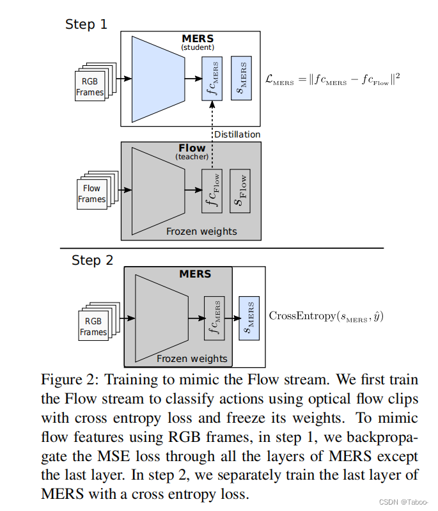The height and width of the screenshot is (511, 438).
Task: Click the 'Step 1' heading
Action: click(x=87, y=24)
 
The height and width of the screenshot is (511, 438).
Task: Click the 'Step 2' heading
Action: click(x=92, y=260)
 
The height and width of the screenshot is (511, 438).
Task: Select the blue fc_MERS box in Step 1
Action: click(x=212, y=78)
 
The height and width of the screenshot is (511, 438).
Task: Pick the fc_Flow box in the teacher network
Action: click(x=212, y=191)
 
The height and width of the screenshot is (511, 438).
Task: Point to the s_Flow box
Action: click(x=240, y=191)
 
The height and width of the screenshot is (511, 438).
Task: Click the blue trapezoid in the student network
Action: click(x=157, y=79)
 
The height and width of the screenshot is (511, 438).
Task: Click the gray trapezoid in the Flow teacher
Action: click(x=157, y=191)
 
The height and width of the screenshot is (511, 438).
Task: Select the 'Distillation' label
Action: click(x=237, y=134)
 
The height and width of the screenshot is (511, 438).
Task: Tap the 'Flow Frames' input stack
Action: click(x=93, y=193)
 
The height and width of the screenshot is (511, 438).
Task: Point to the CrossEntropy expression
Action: click(x=326, y=316)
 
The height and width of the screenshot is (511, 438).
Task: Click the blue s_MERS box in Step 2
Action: click(x=249, y=318)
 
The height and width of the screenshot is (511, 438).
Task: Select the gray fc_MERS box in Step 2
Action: click(x=214, y=318)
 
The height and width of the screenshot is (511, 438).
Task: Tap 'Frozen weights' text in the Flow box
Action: click(x=201, y=232)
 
